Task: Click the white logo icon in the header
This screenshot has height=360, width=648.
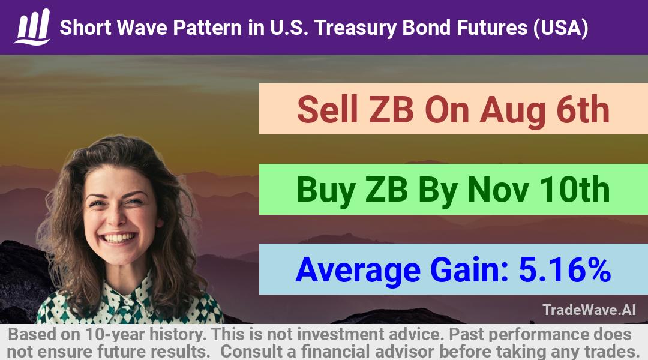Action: point(32,27)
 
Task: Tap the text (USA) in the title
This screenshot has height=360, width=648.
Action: point(560,28)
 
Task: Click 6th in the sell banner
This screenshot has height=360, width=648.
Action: point(583,109)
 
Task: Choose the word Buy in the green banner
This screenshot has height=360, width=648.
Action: point(326,191)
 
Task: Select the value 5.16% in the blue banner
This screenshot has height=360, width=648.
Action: point(565,270)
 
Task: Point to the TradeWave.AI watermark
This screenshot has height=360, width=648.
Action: point(589,310)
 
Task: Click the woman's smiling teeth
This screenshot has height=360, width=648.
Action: point(119,238)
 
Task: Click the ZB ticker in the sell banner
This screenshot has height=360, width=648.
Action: point(391,110)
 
